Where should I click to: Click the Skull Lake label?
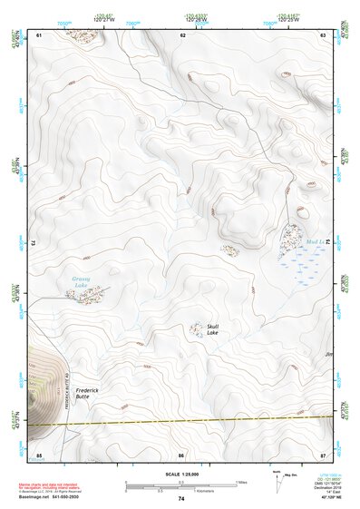pyautogui.click(x=212, y=329)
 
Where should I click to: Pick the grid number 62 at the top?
pyautogui.click(x=183, y=34)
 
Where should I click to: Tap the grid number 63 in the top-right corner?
pyautogui.click(x=322, y=34)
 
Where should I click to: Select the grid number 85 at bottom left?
pyautogui.click(x=39, y=455)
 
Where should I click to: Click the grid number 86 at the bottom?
pyautogui.click(x=181, y=455)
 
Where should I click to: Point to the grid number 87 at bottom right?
pyautogui.click(x=323, y=455)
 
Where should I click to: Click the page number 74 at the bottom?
pyautogui.click(x=181, y=499)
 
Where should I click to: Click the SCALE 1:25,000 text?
pyautogui.click(x=181, y=475)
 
